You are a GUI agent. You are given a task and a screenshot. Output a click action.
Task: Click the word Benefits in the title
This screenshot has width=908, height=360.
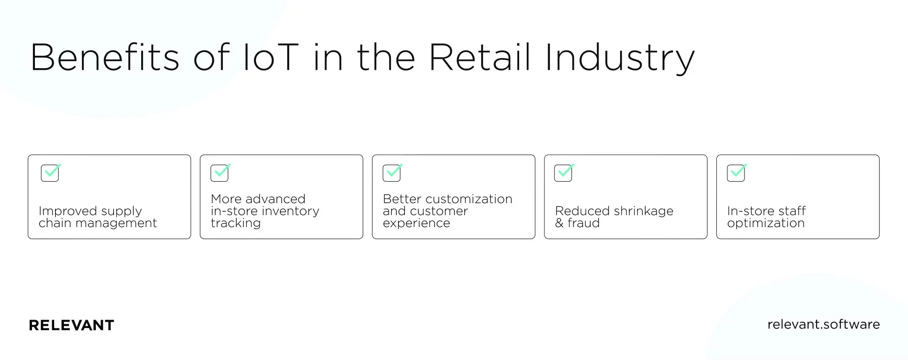[105, 58]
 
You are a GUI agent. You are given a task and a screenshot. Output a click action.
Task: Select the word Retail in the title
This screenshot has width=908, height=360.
[480, 58]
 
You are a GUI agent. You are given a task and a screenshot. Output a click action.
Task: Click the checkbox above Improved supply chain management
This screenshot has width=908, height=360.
[50, 173]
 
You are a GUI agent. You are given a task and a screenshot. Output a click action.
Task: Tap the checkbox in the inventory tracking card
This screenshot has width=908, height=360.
[219, 173]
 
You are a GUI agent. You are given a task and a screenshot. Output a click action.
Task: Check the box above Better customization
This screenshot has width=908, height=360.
[392, 173]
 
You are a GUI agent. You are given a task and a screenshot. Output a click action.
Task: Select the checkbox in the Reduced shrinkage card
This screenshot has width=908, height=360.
[563, 173]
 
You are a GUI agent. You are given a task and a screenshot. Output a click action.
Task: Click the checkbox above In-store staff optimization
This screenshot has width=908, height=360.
[736, 173]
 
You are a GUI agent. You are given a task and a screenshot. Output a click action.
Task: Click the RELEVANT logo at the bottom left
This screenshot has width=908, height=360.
[71, 325]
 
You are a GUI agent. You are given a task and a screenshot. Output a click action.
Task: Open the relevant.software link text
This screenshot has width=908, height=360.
[823, 324]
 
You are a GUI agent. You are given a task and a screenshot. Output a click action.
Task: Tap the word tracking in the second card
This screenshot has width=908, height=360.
[235, 223]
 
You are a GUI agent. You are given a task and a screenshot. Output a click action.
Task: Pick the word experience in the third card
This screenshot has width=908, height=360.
[416, 223]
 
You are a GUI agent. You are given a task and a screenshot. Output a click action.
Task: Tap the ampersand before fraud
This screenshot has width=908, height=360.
[559, 223]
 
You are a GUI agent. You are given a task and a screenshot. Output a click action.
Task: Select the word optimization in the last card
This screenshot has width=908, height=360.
[765, 223]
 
